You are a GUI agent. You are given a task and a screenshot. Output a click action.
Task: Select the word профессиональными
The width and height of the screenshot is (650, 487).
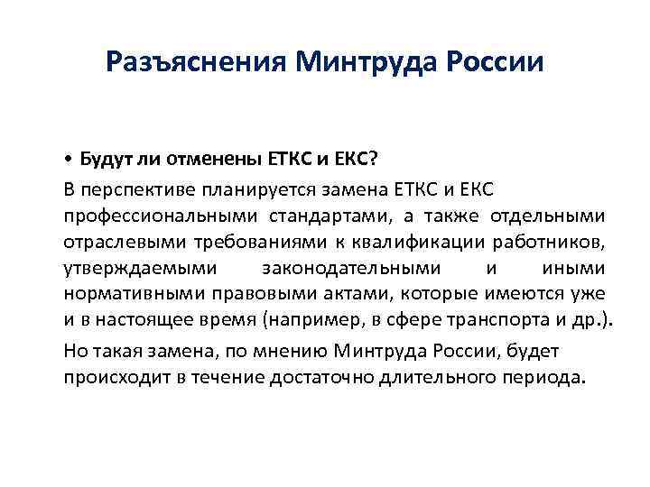(159, 216)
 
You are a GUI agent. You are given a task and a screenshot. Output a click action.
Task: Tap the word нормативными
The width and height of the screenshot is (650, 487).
(121, 294)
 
